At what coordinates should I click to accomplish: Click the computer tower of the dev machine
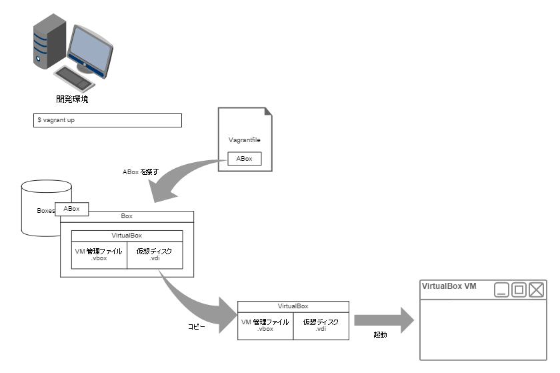49,41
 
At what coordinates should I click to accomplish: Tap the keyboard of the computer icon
74,79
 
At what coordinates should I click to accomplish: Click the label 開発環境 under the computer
72,99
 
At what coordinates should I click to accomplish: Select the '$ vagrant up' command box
107,120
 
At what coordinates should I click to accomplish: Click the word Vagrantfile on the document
245,140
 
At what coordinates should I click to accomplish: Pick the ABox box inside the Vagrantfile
245,158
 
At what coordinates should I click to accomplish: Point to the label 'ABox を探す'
141,172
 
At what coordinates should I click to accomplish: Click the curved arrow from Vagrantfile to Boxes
179,175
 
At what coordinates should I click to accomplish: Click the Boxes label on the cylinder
46,211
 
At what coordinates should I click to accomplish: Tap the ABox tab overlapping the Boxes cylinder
71,209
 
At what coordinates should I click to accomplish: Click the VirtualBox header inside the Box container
127,236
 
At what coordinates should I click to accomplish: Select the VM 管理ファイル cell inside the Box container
99,255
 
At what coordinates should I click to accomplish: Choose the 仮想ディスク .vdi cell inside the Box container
155,255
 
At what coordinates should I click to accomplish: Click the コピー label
197,326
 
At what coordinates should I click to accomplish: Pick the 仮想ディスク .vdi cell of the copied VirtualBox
321,326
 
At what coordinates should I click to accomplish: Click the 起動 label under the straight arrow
380,334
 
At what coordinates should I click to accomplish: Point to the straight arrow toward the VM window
384,320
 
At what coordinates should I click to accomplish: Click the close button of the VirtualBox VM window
536,290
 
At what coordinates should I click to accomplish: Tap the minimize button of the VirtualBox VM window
501,290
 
